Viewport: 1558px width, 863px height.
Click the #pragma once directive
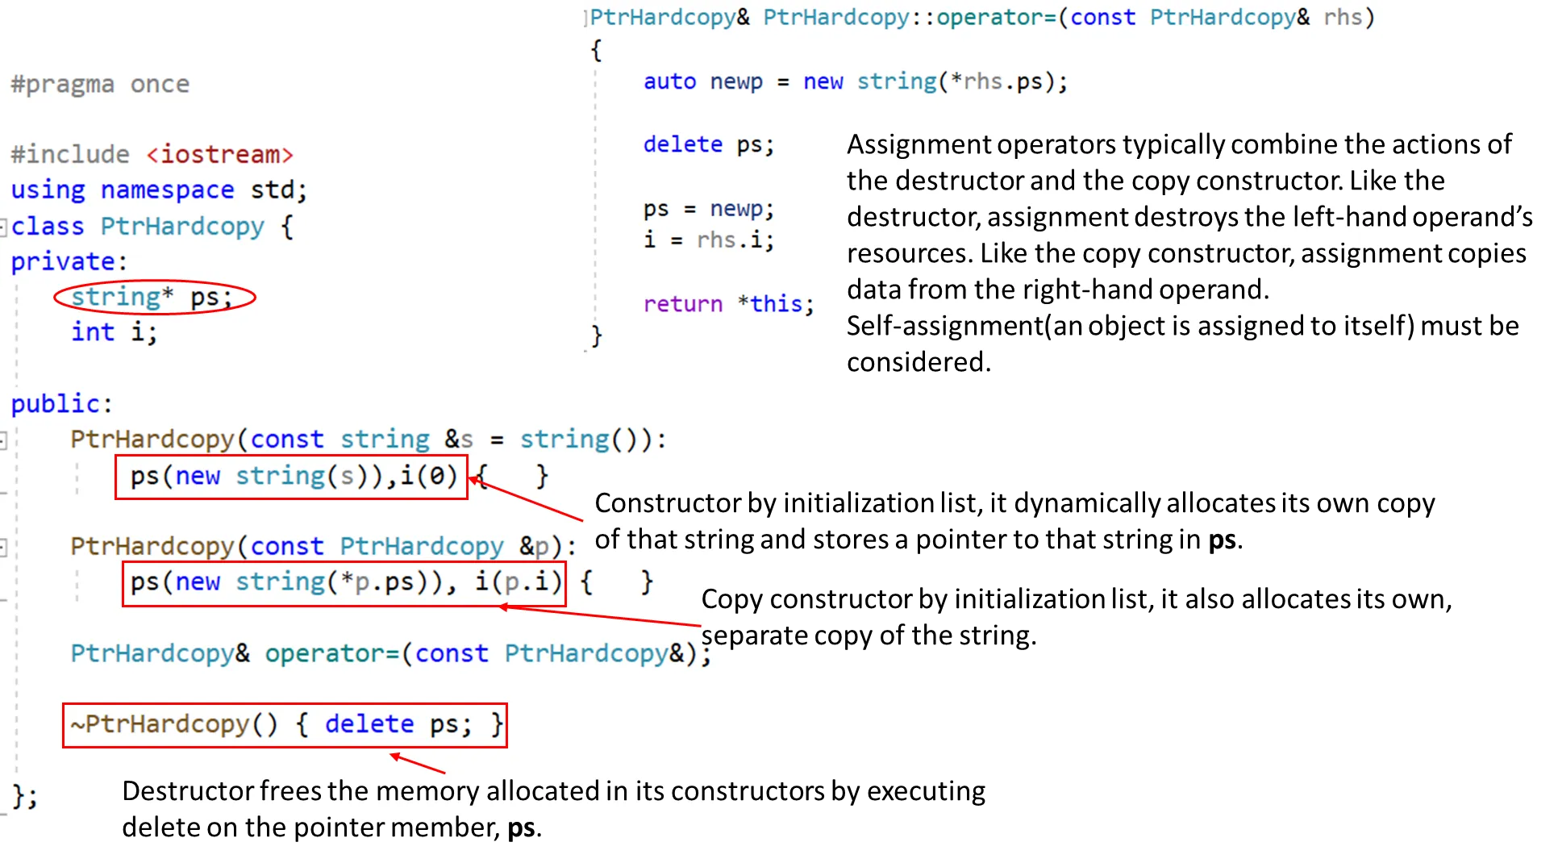(x=100, y=84)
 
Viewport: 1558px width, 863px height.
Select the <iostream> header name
(x=219, y=154)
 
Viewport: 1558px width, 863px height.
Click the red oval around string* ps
(x=155, y=298)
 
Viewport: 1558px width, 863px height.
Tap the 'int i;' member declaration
(x=114, y=331)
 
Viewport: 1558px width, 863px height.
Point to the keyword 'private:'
(x=69, y=261)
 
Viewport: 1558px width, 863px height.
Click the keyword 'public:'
(x=61, y=403)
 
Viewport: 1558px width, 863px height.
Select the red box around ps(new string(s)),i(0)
(x=291, y=477)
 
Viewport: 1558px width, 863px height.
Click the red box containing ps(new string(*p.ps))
(x=344, y=583)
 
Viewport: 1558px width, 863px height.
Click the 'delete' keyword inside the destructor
(x=369, y=724)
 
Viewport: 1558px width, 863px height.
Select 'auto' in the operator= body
(x=669, y=81)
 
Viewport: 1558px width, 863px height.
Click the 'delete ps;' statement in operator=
(x=708, y=144)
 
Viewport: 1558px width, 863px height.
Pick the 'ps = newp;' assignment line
(x=708, y=209)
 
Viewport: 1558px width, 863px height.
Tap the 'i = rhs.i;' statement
(x=708, y=240)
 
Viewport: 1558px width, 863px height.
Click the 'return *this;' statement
(x=727, y=304)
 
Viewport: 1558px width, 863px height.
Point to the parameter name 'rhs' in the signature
(x=1342, y=17)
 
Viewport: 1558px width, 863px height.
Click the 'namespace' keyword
(x=167, y=190)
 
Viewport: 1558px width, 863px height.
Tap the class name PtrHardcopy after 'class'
(x=182, y=227)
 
